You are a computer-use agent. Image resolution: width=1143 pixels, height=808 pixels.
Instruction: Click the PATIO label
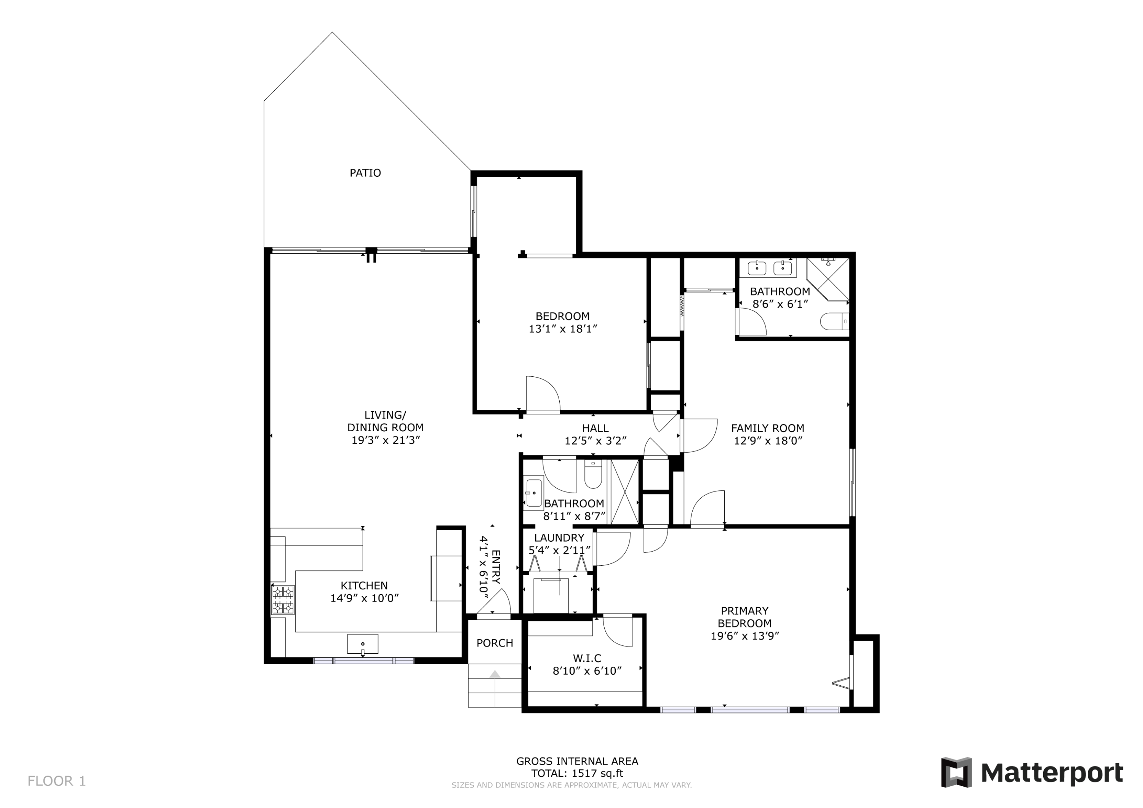365,173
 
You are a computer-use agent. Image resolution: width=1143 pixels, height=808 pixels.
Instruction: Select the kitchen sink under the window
362,644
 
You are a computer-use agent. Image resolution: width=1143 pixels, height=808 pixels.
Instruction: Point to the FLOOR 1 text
57,781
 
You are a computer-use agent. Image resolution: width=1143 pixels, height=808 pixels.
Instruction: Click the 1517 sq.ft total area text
597,773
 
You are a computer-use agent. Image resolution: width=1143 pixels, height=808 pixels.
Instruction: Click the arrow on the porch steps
495,688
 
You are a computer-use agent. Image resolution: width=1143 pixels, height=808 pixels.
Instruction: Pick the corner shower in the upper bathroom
828,279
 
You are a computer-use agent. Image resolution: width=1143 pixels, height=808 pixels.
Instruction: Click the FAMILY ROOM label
767,428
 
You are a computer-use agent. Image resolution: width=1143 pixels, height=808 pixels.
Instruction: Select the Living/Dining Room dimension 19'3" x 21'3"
386,440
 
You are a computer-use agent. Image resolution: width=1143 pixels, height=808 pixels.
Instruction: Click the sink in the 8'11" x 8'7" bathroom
533,493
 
